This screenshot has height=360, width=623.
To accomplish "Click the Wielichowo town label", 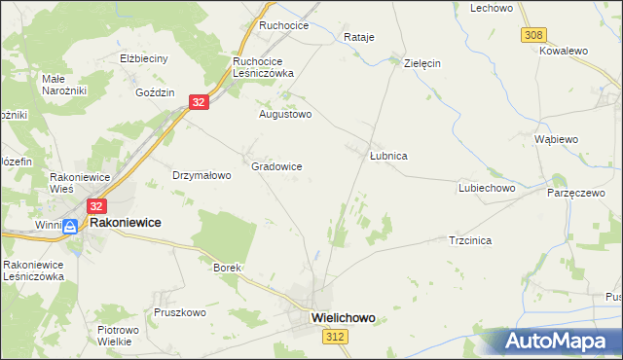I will point(342,317).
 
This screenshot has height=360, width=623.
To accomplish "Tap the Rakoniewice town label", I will point(126,223).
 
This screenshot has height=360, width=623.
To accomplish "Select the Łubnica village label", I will point(388,156).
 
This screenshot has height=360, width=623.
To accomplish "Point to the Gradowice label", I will point(276,166).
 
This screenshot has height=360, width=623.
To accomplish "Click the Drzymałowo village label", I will point(201,176).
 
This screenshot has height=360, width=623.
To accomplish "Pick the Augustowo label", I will point(284,114).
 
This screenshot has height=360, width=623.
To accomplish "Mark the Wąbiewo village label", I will point(557,139).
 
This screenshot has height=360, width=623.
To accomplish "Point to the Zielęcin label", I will point(422,62).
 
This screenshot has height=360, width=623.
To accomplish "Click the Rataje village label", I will point(359,38).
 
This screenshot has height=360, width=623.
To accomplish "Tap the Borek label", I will point(226,267).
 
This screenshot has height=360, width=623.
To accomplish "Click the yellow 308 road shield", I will point(532,35).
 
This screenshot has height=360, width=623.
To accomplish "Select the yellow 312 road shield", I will point(336,336).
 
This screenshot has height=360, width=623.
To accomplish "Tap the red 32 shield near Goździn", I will point(199,102).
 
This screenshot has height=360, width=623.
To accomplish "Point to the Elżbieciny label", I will point(143,58).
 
